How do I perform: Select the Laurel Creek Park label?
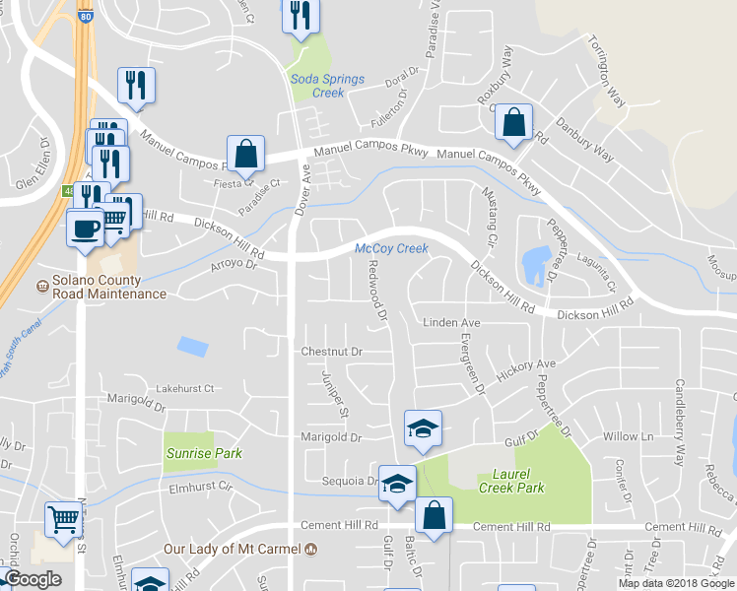pyautogui.click(x=511, y=481)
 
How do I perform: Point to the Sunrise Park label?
pyautogui.click(x=204, y=453)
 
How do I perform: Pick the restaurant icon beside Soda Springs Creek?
pyautogui.click(x=299, y=16)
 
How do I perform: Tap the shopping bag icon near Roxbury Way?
pyautogui.click(x=513, y=122)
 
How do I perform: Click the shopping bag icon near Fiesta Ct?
pyautogui.click(x=246, y=154)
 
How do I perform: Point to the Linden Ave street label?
pyautogui.click(x=451, y=323)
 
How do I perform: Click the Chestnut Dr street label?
pyautogui.click(x=333, y=352)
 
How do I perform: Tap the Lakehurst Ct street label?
pyautogui.click(x=177, y=390)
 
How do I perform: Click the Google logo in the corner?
pyautogui.click(x=33, y=579)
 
